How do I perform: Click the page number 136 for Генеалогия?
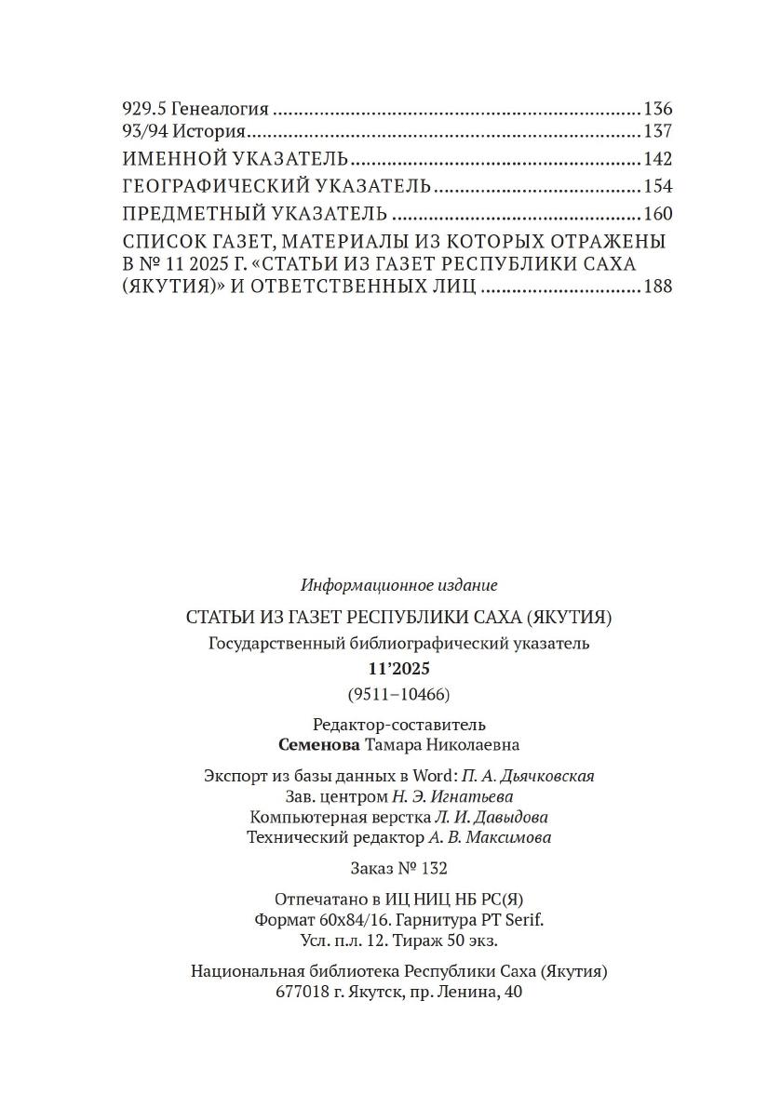657,108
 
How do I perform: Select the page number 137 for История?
657,131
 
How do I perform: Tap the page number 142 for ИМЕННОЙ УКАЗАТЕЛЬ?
657,158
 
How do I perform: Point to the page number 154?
657,186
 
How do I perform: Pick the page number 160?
657,213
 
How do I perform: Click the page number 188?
657,287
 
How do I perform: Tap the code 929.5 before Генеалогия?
144,108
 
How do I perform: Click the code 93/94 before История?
144,131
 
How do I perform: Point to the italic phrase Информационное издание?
399,585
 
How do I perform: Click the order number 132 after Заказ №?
433,868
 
